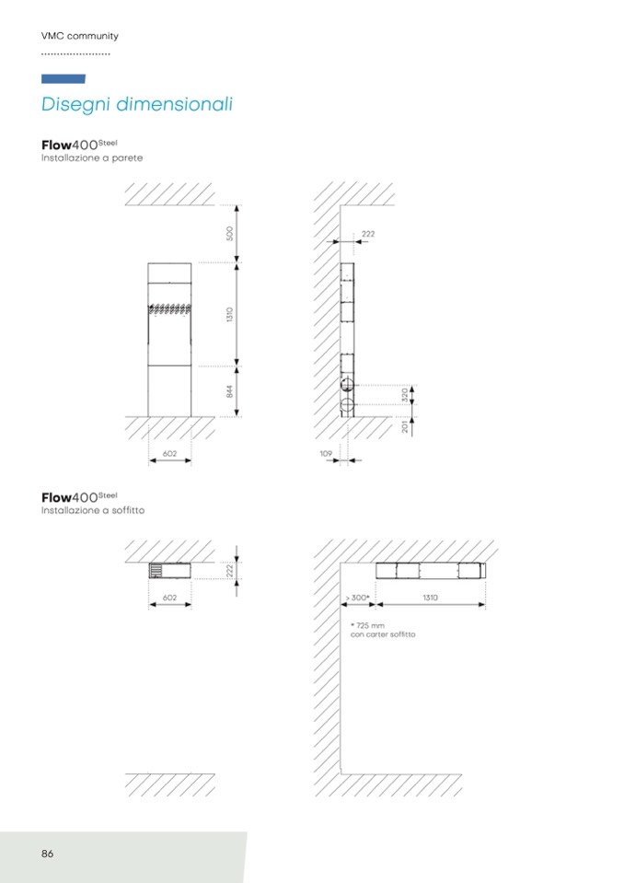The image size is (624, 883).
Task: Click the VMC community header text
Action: click(80, 36)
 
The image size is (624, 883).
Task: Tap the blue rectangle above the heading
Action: click(64, 79)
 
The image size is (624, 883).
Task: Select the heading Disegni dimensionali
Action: click(137, 104)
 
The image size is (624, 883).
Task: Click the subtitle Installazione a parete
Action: click(92, 158)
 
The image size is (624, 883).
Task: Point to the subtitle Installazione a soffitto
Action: click(93, 510)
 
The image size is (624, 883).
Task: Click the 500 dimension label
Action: click(229, 234)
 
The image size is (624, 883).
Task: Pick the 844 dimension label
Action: click(229, 391)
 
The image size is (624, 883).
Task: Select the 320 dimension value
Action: click(405, 395)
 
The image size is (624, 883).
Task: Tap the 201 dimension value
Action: click(405, 427)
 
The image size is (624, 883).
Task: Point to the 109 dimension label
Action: click(326, 453)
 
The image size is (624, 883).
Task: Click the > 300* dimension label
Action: click(358, 598)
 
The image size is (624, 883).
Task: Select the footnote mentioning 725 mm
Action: click(383, 630)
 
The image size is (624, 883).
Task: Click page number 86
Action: click(47, 854)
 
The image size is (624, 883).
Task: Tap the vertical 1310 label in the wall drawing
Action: click(229, 314)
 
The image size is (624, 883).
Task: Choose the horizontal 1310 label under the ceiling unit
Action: click(430, 598)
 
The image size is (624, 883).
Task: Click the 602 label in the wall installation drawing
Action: click(169, 453)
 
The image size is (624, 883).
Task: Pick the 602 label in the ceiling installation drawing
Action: click(169, 598)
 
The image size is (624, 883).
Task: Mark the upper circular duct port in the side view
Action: click(348, 385)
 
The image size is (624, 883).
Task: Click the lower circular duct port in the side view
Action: click(348, 405)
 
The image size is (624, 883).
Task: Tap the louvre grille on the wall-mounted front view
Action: click(169, 308)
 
